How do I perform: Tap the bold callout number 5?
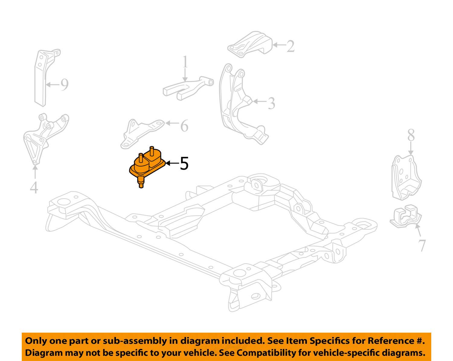(184, 164)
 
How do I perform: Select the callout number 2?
(290, 46)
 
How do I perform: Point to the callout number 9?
(64, 85)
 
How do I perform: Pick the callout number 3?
(271, 103)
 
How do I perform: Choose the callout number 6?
(184, 126)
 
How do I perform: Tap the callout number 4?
(34, 187)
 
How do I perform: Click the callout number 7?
(422, 245)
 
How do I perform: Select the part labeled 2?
(250, 45)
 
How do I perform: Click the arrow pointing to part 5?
(172, 163)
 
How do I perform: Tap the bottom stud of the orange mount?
(141, 183)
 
